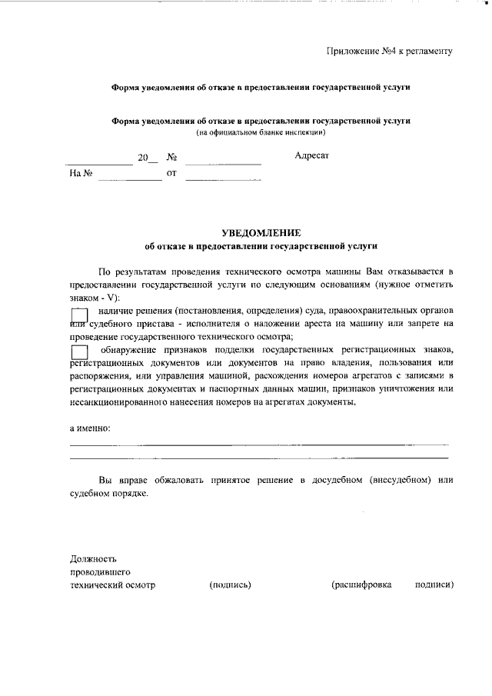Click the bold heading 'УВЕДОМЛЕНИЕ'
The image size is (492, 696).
pyautogui.click(x=261, y=232)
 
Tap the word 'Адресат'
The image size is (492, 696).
pyautogui.click(x=311, y=156)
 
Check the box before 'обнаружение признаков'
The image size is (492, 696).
pyautogui.click(x=79, y=351)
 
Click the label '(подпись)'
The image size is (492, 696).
pyautogui.click(x=230, y=584)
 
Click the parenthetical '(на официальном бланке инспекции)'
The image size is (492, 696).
pyautogui.click(x=261, y=133)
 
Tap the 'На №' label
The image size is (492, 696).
pyautogui.click(x=81, y=174)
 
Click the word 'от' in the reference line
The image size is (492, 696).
pyautogui.click(x=171, y=174)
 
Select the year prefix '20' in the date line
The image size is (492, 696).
pyautogui.click(x=143, y=158)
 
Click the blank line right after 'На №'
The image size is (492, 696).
pyautogui.click(x=129, y=178)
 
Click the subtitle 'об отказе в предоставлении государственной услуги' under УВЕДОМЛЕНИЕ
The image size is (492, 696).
pyautogui.click(x=261, y=246)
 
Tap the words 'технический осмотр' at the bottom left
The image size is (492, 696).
pyautogui.click(x=112, y=584)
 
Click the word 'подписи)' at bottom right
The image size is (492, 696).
pyautogui.click(x=434, y=584)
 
